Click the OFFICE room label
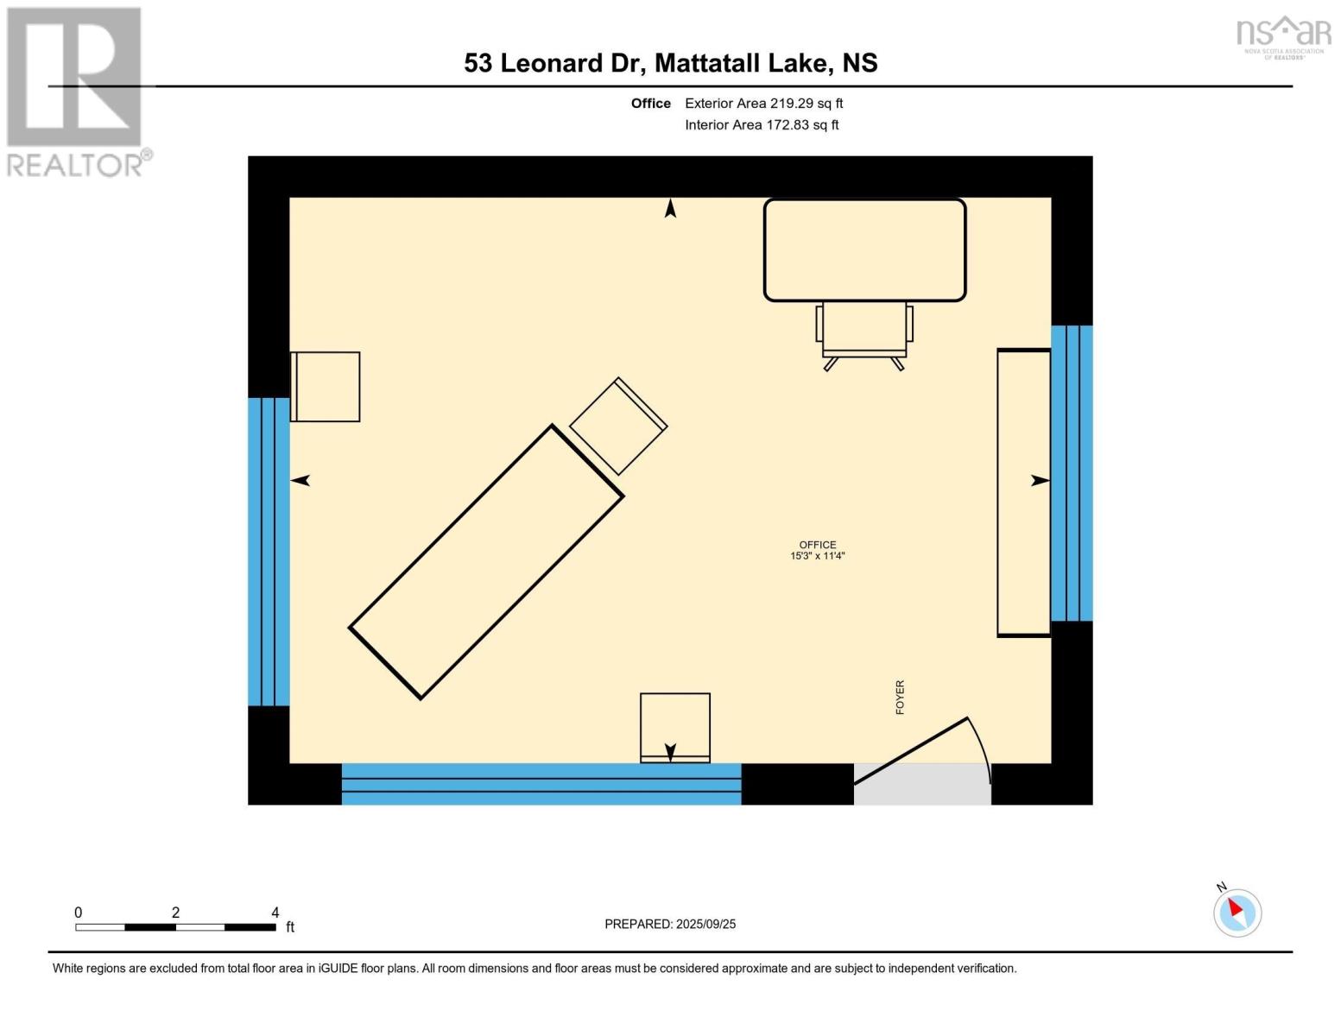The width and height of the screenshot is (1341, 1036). [x=817, y=545]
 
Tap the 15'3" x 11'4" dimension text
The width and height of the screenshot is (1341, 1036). [x=817, y=556]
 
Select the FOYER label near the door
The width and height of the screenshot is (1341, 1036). [x=900, y=697]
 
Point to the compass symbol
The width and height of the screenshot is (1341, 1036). [x=1237, y=912]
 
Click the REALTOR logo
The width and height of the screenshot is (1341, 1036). [x=75, y=91]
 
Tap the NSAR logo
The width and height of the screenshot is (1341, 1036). [x=1283, y=36]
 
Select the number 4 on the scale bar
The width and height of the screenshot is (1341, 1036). [x=275, y=913]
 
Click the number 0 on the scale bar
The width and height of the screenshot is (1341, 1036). [x=78, y=913]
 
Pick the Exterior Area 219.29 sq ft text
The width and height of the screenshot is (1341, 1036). [x=763, y=104]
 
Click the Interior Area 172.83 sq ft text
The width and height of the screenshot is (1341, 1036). [x=762, y=125]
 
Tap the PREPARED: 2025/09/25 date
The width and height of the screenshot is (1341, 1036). [x=670, y=924]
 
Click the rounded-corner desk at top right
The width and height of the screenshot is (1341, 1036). [x=864, y=250]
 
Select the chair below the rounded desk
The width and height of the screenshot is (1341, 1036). [x=864, y=332]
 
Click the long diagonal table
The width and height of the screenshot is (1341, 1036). [x=486, y=562]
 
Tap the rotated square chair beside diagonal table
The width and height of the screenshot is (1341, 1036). [x=617, y=426]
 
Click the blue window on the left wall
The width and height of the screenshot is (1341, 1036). [x=269, y=551]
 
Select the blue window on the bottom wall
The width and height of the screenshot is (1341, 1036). [x=541, y=784]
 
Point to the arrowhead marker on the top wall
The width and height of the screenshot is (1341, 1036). [x=670, y=208]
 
